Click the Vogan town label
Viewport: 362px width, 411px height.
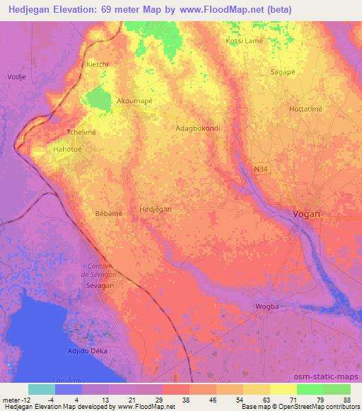click(307, 214)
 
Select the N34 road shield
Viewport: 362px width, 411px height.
click(262, 169)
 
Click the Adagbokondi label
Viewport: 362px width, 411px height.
click(198, 129)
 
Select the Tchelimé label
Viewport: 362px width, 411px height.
click(81, 132)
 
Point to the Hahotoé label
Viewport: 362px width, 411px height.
click(68, 150)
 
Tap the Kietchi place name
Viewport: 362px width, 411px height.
click(98, 64)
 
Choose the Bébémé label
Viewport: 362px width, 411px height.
click(109, 213)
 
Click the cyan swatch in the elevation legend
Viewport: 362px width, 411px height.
click(42, 389)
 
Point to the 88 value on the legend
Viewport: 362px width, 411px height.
click(346, 400)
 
